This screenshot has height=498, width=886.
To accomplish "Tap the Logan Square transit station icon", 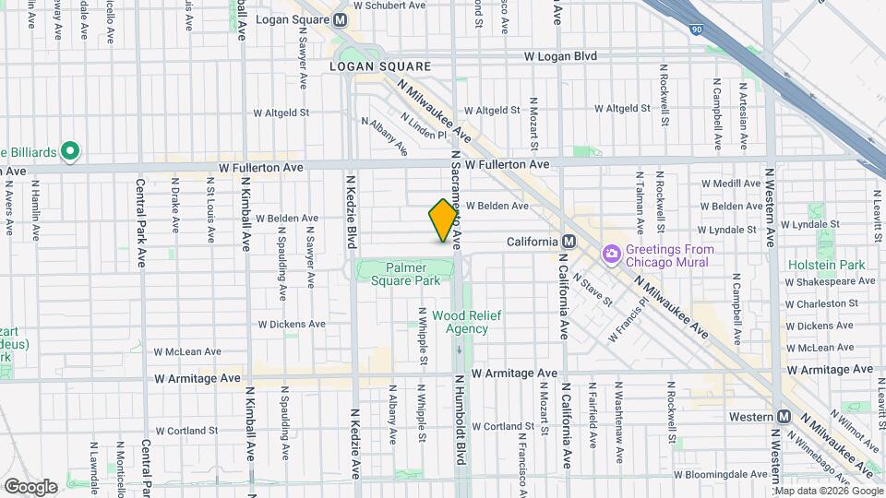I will click(341, 19).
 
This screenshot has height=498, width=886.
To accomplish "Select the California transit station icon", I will click(569, 242).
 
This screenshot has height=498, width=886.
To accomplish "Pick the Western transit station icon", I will click(784, 417).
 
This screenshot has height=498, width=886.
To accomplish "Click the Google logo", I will click(30, 486).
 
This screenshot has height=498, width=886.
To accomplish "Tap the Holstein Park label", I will click(827, 265).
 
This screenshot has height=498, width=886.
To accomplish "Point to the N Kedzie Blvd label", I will click(352, 209).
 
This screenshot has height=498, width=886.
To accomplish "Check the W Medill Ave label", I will click(731, 184).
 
